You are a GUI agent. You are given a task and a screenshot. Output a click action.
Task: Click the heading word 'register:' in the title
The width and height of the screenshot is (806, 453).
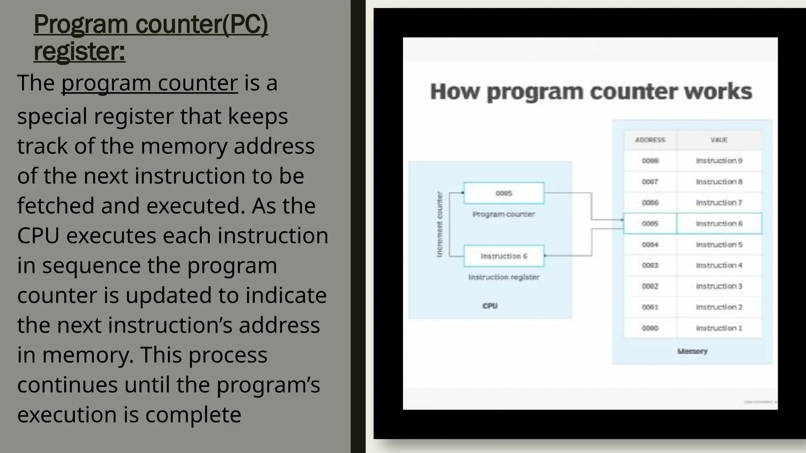tap(79, 52)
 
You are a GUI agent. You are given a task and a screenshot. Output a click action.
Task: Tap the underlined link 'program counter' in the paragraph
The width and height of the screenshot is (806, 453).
tap(149, 83)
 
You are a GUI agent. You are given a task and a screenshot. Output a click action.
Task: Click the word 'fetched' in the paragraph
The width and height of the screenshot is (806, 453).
tap(55, 206)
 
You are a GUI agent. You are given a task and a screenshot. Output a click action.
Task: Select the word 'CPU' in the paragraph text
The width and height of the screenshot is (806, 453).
tap(38, 236)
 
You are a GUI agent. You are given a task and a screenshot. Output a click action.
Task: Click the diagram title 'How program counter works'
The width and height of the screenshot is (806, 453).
tap(591, 92)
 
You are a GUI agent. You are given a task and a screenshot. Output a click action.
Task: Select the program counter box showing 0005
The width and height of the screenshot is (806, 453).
tap(504, 193)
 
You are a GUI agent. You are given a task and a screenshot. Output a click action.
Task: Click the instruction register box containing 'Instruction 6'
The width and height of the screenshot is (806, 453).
tap(504, 256)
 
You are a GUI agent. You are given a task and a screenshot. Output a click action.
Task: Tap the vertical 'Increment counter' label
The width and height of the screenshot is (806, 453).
tap(440, 225)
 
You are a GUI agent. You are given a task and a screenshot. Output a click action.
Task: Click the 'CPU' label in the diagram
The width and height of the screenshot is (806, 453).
tap(490, 306)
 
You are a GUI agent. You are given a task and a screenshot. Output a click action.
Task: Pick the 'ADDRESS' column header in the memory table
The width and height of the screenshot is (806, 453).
tap(650, 140)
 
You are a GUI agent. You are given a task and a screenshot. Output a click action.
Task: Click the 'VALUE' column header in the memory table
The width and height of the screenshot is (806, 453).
tap(719, 140)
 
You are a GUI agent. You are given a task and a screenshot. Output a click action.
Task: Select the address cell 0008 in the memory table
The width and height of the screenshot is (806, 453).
tap(650, 161)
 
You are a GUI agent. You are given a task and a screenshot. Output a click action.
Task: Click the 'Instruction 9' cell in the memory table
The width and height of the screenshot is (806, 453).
tap(719, 161)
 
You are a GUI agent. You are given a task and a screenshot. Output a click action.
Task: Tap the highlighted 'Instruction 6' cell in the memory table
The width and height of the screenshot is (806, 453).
tap(719, 224)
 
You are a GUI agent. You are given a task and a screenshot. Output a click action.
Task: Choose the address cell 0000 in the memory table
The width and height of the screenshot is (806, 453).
tap(650, 328)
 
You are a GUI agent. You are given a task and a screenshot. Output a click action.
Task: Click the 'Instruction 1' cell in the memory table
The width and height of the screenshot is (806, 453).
tap(719, 328)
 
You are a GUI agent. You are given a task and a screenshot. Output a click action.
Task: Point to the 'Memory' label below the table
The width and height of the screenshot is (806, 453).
tap(692, 351)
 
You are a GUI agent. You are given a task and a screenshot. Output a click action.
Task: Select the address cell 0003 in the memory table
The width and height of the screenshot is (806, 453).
tap(650, 265)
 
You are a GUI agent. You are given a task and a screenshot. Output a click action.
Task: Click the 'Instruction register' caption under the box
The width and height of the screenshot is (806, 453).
tap(504, 277)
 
